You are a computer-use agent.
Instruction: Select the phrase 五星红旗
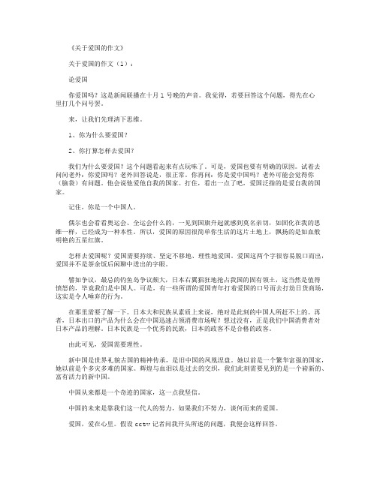click(x=97, y=242)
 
